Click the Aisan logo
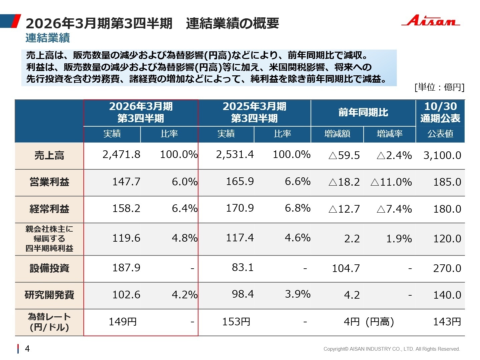pos(431,21)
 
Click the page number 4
pos(27,349)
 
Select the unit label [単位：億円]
pos(439,87)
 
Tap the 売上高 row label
pos(49,155)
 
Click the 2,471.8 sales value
pos(121,155)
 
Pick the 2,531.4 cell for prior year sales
pos(235,155)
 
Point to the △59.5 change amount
pos(344,156)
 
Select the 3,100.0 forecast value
pos(442,156)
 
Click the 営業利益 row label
pos(49,182)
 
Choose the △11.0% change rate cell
pos(391,182)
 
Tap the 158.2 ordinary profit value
pos(126,209)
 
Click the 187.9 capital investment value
pos(126,268)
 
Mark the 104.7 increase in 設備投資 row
pos(346,268)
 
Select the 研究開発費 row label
pos(49,295)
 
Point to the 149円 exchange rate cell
pos(123,322)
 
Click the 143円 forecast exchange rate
pos(447,322)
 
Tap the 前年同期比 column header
pos(363,113)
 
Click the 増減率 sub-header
pos(389,134)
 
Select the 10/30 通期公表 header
pos(440,112)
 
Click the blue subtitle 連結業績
pos(48,38)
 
